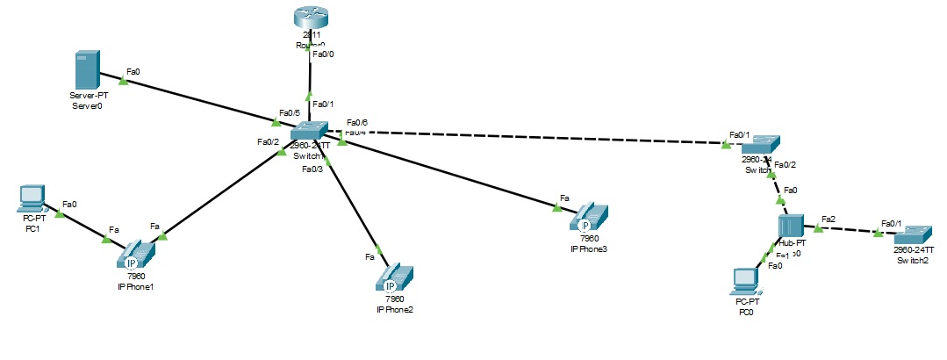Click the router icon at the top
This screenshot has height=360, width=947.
pyautogui.click(x=310, y=16)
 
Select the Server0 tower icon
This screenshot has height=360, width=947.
pyautogui.click(x=84, y=69)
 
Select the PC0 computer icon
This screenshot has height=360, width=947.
pyautogui.click(x=745, y=280)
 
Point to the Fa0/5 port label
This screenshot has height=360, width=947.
pyautogui.click(x=289, y=113)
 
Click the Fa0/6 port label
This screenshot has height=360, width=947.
pyautogui.click(x=357, y=122)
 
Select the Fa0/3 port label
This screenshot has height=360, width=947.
pyautogui.click(x=312, y=169)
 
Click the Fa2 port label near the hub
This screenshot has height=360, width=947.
pyautogui.click(x=828, y=218)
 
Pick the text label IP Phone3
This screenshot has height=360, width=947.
pyautogui.click(x=588, y=249)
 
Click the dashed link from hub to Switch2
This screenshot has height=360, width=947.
pyautogui.click(x=847, y=230)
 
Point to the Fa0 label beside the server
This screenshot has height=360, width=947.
pyautogui.click(x=133, y=70)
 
